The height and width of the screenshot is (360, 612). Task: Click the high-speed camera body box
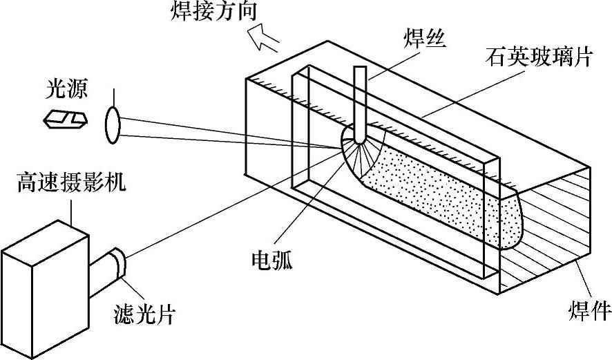[x=45, y=290]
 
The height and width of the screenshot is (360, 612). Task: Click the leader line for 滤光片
[x=135, y=290]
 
